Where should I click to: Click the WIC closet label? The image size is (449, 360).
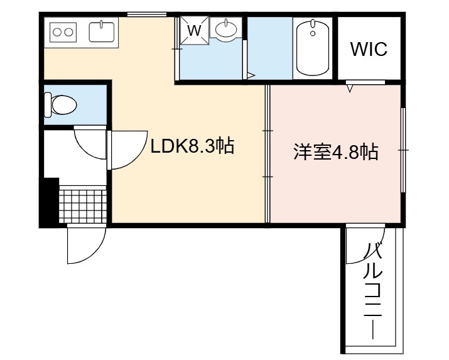tap(369, 48)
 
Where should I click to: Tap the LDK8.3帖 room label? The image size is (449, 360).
tap(192, 146)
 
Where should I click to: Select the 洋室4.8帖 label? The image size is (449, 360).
tap(336, 151)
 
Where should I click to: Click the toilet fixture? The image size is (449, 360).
tap(60, 104)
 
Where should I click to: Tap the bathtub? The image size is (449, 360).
tap(313, 48)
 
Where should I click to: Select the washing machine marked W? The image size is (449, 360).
tap(195, 30)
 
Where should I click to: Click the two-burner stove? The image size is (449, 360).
tap(63, 32)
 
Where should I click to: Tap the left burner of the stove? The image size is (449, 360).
tap(57, 32)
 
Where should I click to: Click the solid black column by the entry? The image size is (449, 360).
tap(51, 200)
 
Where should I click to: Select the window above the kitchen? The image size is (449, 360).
tap(147, 14)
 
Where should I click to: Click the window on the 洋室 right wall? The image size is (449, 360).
tap(403, 150)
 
